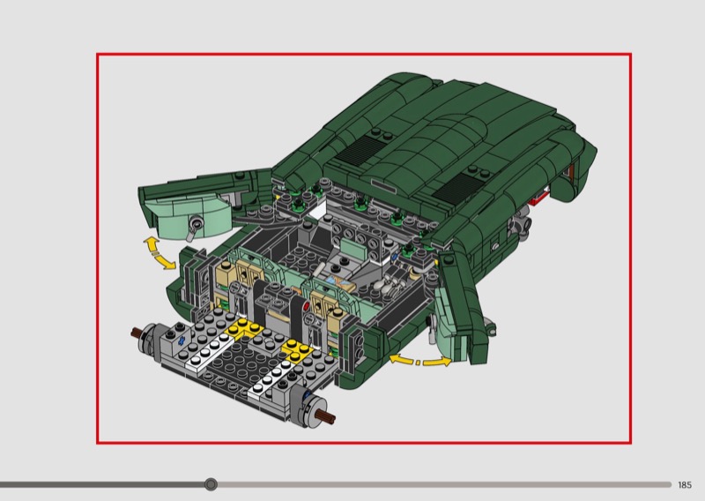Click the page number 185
tap(685, 485)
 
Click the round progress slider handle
tap(211, 484)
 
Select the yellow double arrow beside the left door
tap(159, 254)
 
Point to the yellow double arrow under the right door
tap(420, 361)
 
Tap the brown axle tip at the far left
tap(136, 333)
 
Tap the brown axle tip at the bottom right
tap(327, 417)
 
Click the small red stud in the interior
tap(307, 307)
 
